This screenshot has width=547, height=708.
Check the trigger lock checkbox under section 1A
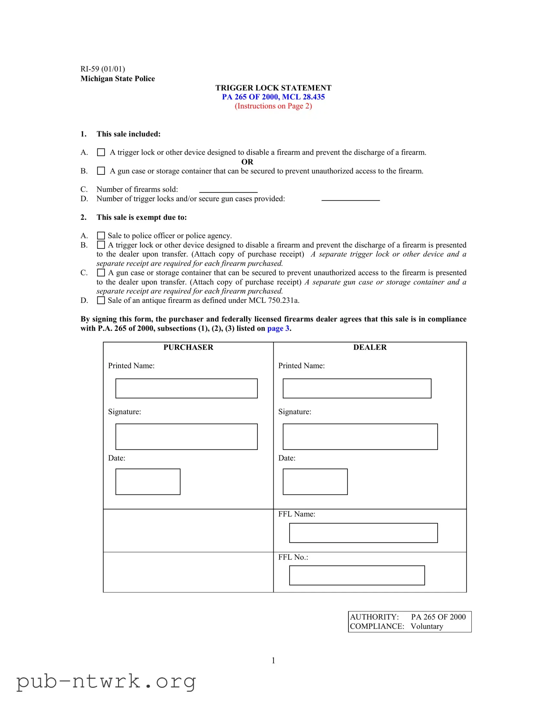coord(101,152)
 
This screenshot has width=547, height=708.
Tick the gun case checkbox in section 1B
coord(101,171)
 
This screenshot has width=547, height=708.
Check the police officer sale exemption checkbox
coord(101,236)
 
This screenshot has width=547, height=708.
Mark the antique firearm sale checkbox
coord(101,301)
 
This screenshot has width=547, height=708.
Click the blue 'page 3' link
coord(278,328)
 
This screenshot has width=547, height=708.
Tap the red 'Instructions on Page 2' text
coord(273,106)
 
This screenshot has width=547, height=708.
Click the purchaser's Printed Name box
coord(186,388)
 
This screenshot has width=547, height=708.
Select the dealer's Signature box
coord(360,437)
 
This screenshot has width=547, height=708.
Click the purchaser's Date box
coord(148,482)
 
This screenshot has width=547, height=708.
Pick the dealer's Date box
coord(315,482)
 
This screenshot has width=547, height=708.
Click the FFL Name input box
coord(363,533)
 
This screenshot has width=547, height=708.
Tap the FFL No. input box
coord(357,575)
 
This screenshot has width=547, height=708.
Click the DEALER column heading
coord(370,347)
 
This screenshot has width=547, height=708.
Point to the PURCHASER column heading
coord(188,347)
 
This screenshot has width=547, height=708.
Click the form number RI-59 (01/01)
coord(103,69)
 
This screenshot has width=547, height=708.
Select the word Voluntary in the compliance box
coord(427,626)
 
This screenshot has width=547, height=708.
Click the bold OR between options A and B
coord(247,162)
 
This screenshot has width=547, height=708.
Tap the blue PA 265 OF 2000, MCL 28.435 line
coord(273,97)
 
